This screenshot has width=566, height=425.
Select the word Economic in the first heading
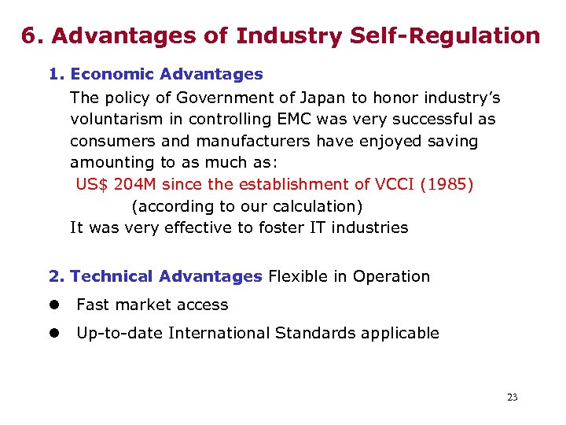[112, 75]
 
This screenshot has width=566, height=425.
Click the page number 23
[512, 397]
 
